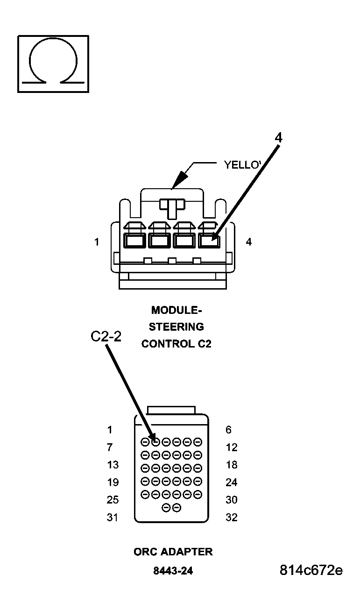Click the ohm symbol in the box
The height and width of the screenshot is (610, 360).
tap(53, 63)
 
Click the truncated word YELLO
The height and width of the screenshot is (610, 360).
tap(242, 165)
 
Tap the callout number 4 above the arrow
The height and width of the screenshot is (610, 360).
tap(278, 137)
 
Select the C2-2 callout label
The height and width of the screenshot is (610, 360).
tap(106, 337)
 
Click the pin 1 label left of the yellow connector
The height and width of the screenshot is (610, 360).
tap(97, 242)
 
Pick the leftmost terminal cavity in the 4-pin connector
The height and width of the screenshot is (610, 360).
tap(134, 241)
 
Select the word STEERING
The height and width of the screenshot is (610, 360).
tap(176, 326)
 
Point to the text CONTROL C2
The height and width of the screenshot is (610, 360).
tap(176, 344)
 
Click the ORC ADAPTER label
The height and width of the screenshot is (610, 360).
tap(173, 552)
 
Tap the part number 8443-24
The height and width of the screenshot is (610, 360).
tap(173, 571)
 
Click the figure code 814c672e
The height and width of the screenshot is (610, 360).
tap(311, 570)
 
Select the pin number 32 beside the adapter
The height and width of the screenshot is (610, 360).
tap(231, 518)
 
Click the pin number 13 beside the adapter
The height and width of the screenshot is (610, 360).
tap(113, 465)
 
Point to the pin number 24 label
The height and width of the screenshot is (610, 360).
tap(231, 482)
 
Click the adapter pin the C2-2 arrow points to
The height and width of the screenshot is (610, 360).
tap(156, 441)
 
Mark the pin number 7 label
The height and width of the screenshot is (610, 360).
tap(110, 447)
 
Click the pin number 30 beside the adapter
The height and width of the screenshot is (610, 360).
tap(231, 500)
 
